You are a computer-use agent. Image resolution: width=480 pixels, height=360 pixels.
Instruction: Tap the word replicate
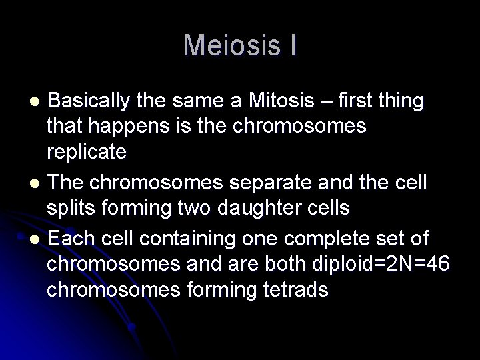87,153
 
